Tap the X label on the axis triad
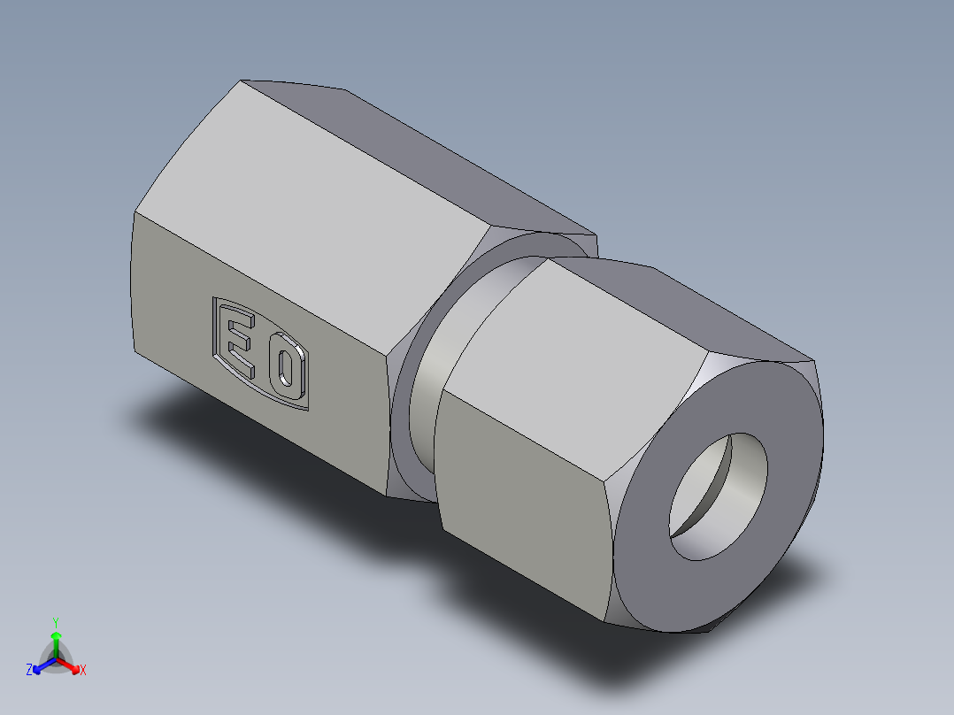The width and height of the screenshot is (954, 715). [83, 671]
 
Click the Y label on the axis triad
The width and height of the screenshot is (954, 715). [55, 622]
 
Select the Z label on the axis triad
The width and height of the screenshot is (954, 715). [29, 671]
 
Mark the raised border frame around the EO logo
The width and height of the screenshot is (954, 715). [213, 327]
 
